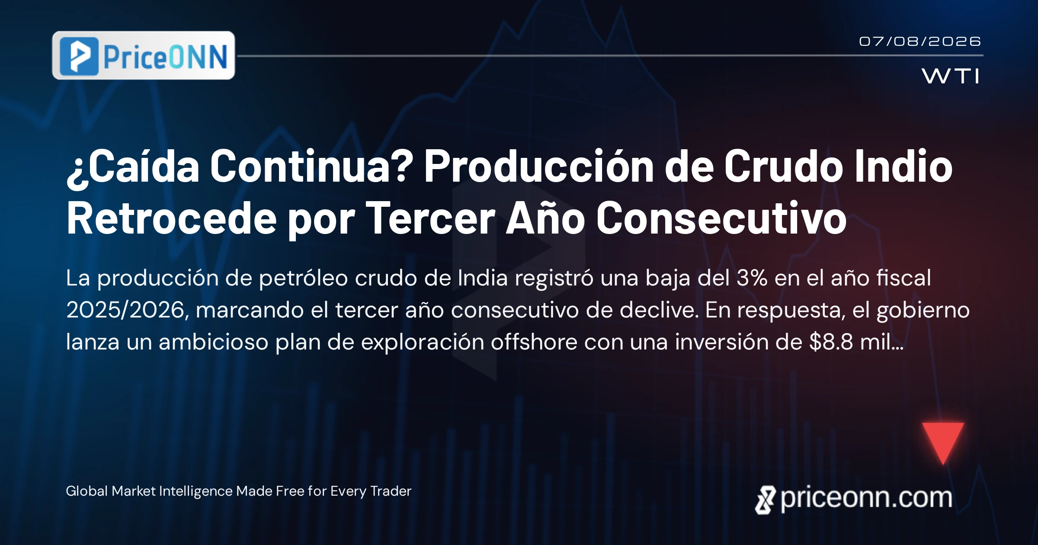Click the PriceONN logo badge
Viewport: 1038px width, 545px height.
144,55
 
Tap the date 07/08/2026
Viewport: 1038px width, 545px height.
920,42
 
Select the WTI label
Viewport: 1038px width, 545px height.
950,76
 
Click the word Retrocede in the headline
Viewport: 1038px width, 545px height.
172,218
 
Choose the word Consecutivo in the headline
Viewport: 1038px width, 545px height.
721,218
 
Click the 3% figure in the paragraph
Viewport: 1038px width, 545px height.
752,278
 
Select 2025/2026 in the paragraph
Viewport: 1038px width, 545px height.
126,310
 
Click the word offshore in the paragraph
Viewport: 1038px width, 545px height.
534,342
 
